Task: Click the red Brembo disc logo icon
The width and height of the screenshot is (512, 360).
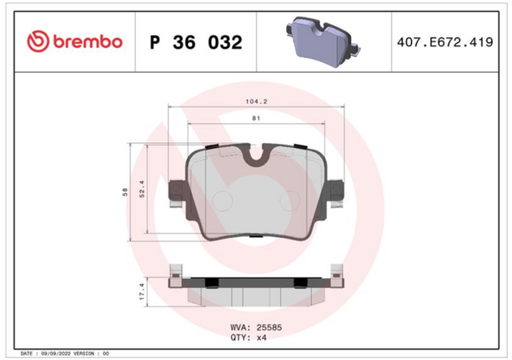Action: tap(38, 42)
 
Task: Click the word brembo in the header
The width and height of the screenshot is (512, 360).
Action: tap(87, 42)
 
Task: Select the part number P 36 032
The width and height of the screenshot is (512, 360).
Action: tap(196, 42)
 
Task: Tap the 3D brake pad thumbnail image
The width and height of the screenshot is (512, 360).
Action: tap(323, 42)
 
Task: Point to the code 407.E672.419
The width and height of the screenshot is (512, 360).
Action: tap(445, 42)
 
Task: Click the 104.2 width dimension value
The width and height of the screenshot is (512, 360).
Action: tap(256, 102)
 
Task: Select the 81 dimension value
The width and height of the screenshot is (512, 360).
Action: tap(256, 118)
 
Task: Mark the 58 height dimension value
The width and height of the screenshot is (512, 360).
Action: tap(125, 192)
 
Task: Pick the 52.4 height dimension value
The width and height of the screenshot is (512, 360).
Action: tap(142, 189)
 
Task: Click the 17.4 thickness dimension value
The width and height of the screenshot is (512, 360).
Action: tap(142, 291)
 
